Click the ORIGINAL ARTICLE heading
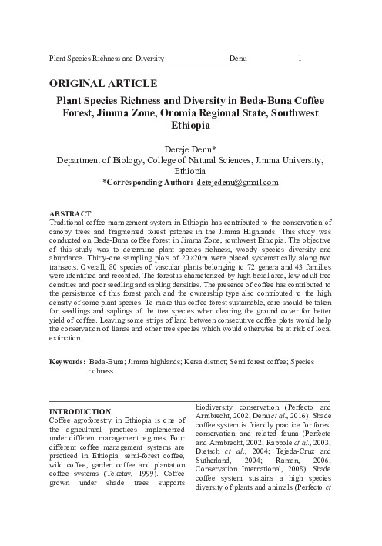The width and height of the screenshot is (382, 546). click(x=104, y=83)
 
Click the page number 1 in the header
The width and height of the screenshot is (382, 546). click(x=299, y=58)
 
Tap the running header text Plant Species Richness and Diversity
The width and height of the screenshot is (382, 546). click(x=106, y=58)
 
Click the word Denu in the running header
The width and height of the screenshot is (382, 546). click(x=237, y=58)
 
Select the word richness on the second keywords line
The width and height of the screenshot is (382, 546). click(x=101, y=370)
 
